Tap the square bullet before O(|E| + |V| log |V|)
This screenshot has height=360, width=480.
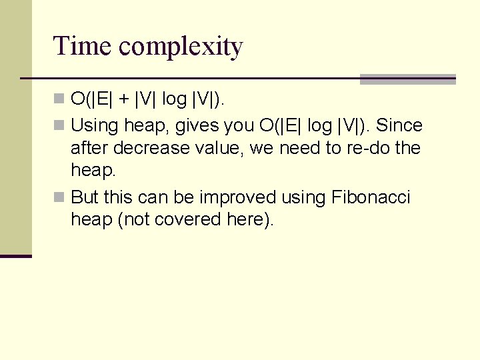(60, 99)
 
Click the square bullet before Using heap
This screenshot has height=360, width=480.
(60, 125)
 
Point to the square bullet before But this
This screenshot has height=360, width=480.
(60, 197)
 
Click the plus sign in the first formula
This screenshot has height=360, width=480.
(125, 100)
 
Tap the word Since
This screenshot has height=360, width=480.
(399, 125)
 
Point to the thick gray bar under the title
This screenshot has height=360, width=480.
(407, 79)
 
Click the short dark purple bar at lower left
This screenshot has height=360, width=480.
(16, 256)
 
